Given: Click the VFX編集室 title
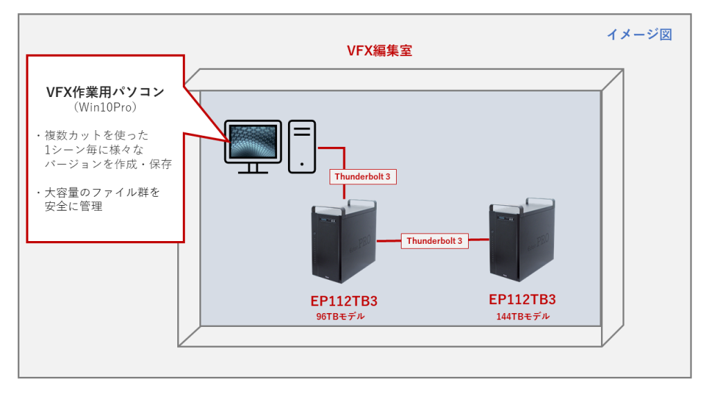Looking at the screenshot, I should [x=379, y=51].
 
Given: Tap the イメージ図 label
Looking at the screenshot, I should [x=639, y=34].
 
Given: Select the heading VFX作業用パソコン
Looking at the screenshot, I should [x=105, y=91].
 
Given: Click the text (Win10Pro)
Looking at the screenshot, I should [x=105, y=108].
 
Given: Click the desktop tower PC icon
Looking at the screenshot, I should [x=303, y=146].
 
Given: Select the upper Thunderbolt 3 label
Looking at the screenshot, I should [x=363, y=177].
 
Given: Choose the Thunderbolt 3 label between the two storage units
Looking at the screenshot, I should [x=434, y=241].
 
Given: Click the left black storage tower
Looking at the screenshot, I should [x=343, y=242].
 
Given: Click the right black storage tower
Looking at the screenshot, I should [x=521, y=240].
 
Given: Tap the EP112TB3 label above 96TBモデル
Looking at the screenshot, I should [x=343, y=301].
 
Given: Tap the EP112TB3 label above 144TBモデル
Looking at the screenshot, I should [x=522, y=300].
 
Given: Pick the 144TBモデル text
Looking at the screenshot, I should [x=522, y=317].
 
